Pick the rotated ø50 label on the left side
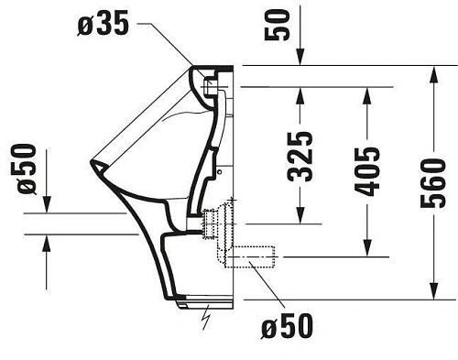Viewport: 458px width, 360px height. click(x=25, y=169)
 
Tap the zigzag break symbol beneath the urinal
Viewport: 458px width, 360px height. click(x=208, y=316)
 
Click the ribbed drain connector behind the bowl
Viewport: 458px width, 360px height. click(x=216, y=223)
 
